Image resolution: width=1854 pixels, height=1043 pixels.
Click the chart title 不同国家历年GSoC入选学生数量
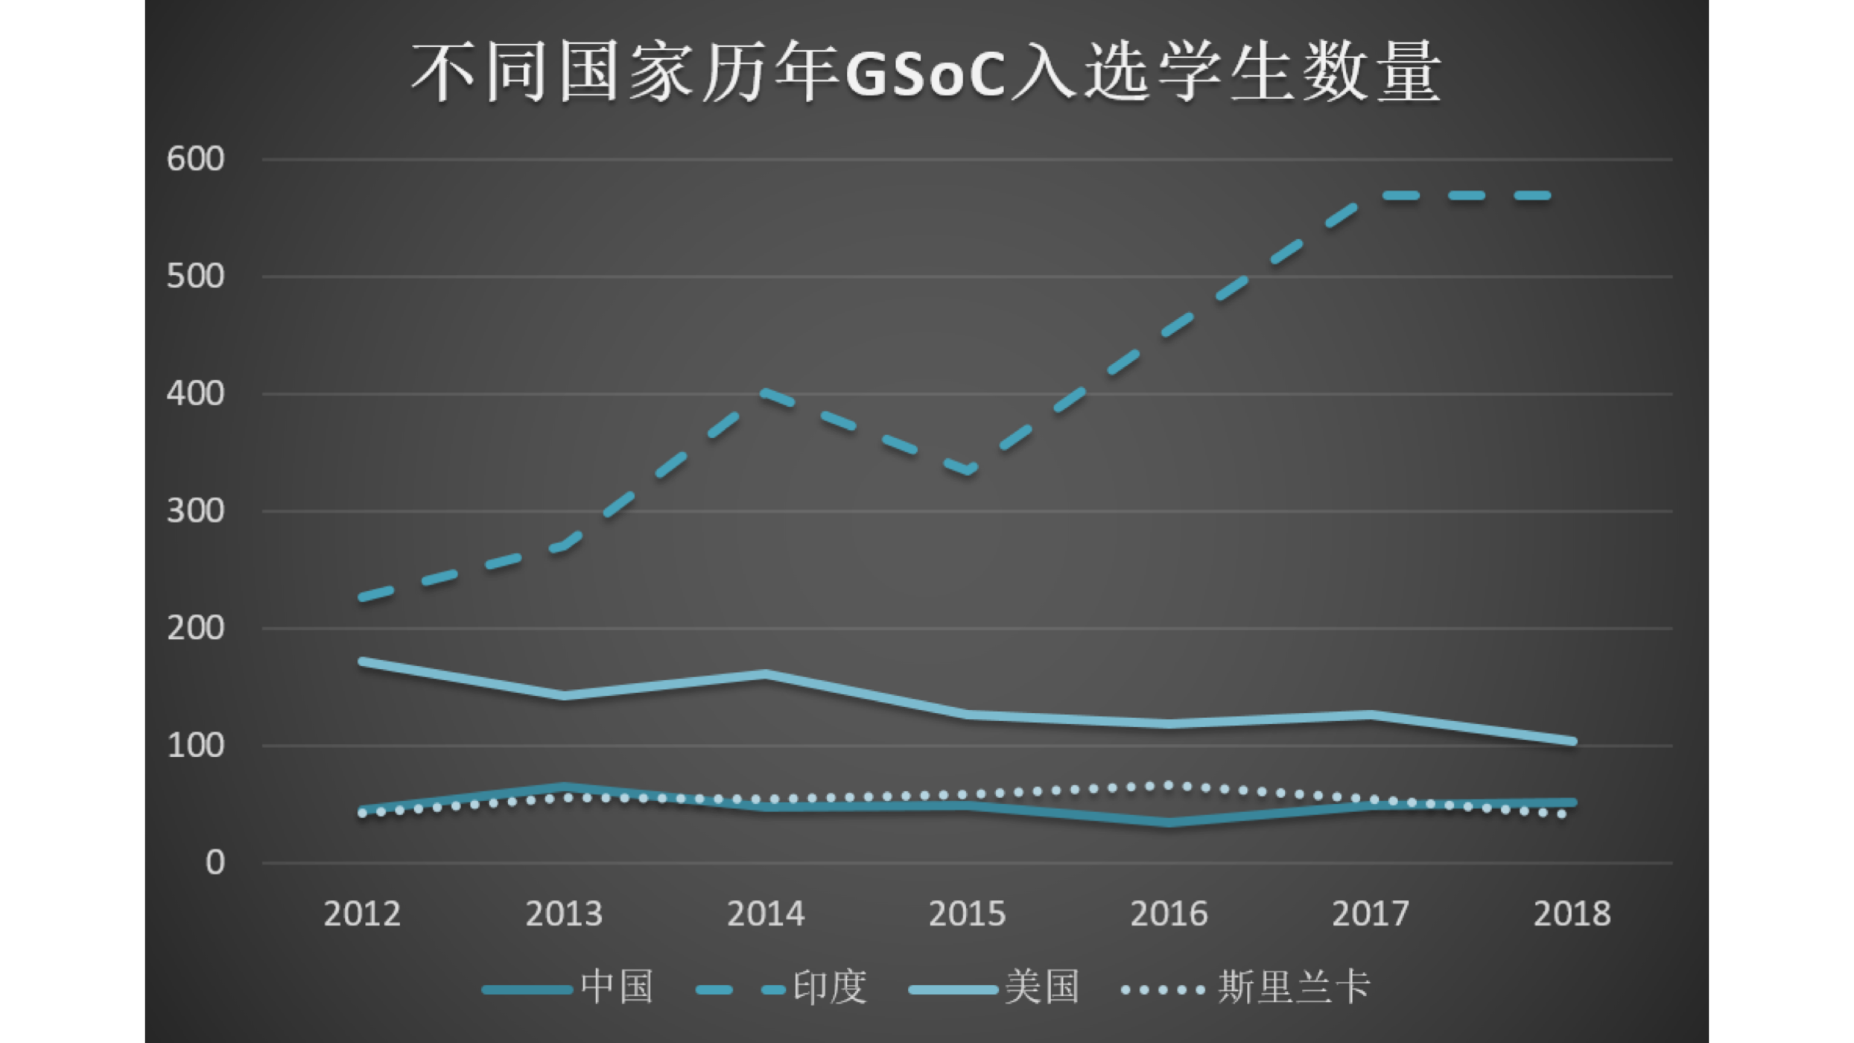click(x=927, y=73)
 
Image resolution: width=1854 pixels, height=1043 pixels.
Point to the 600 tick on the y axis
click(x=195, y=159)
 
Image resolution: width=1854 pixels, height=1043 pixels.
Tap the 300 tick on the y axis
click(x=195, y=512)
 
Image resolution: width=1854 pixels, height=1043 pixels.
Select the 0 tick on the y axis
click(x=215, y=863)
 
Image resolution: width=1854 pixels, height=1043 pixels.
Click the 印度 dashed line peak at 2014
click(x=766, y=392)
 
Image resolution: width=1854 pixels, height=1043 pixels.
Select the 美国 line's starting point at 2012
click(x=363, y=662)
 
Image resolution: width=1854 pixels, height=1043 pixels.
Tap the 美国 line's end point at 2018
click(x=1572, y=741)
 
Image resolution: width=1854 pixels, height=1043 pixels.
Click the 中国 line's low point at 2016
click(x=1169, y=822)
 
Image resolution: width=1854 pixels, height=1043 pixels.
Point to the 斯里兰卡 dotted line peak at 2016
click(x=1169, y=786)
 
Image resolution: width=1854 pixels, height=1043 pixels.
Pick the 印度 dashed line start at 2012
click(x=363, y=597)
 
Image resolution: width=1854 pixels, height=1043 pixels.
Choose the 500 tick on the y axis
click(x=195, y=277)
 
